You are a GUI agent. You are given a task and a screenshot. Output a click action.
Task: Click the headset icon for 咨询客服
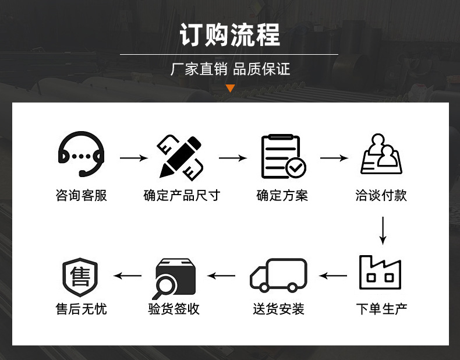click(x=81, y=154)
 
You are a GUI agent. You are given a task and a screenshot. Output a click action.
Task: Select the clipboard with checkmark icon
click(x=282, y=157)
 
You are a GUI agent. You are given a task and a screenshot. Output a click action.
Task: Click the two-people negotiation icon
click(x=382, y=154)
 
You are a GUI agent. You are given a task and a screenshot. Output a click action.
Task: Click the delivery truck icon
click(x=278, y=275)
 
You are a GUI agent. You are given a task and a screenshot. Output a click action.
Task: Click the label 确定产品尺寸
click(x=182, y=196)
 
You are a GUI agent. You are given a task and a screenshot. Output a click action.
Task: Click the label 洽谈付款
click(x=381, y=196)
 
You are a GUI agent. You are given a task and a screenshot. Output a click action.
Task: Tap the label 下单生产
click(x=381, y=309)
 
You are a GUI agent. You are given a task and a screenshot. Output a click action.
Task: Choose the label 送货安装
click(x=278, y=309)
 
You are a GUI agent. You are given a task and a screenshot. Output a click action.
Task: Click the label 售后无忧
click(x=82, y=309)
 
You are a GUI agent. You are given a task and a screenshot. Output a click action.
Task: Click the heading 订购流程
click(x=230, y=34)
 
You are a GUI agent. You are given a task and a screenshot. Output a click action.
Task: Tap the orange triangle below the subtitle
click(x=230, y=89)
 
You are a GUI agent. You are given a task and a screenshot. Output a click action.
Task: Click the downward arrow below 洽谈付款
click(x=383, y=231)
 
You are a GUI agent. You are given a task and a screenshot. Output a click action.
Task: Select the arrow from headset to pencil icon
click(x=134, y=158)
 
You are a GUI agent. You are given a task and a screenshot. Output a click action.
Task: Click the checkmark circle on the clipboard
click(x=296, y=168)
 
